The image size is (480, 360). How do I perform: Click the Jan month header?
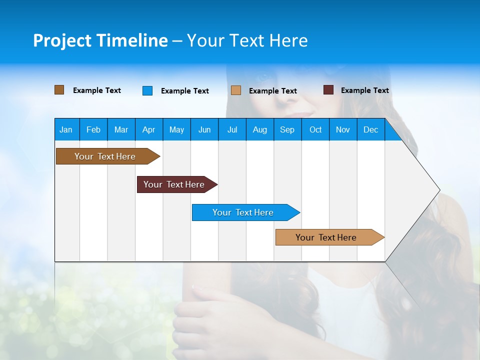66,129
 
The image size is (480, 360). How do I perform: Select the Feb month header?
93,129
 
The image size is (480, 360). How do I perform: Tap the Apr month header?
148,129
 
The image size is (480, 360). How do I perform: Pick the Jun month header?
204,129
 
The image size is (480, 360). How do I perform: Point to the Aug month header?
259,129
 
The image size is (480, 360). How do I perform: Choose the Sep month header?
287,129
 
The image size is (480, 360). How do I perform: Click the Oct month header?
315,129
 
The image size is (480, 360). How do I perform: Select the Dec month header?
370,129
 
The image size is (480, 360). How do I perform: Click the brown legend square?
59,90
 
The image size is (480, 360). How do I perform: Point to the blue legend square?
147,90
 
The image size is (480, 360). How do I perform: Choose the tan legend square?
236,90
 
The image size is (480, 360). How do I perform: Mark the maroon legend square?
328,90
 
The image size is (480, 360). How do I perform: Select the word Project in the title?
61,40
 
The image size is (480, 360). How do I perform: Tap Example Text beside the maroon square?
364,90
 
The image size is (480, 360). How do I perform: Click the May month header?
176,129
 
